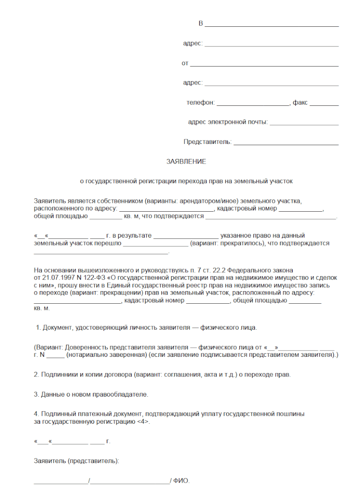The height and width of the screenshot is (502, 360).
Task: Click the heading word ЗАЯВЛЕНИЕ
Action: [x=186, y=161]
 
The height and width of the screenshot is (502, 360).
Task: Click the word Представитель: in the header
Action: [x=207, y=142]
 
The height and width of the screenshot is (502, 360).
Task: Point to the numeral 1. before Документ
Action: [x=38, y=327]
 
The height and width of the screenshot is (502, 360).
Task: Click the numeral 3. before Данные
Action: [x=36, y=394]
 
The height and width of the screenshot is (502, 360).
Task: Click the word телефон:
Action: [x=201, y=102]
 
